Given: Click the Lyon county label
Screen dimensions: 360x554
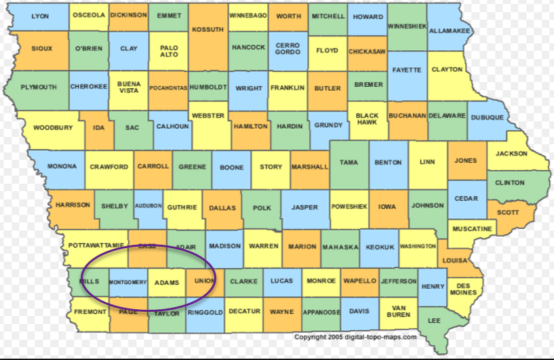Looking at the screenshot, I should [40, 16].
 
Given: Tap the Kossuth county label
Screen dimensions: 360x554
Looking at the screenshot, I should [207, 30].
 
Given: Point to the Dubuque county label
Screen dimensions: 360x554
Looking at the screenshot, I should [487, 117].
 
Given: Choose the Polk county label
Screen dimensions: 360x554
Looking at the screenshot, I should [262, 207].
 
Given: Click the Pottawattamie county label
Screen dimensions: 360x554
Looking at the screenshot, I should [96, 245].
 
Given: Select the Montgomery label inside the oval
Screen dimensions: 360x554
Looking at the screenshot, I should [127, 282].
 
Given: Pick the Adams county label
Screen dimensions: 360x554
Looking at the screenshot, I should [166, 282].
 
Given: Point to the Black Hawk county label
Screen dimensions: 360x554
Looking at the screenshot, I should [367, 120].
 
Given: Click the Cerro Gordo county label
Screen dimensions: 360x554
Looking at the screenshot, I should [287, 49].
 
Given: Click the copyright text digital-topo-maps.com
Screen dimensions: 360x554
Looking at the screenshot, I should [355, 337].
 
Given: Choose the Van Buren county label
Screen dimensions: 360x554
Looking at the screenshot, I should [399, 311].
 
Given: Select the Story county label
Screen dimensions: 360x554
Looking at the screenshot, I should [271, 166].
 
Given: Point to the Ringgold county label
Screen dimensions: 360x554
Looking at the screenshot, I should [205, 312].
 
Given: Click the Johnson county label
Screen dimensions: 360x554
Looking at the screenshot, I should [427, 205].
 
